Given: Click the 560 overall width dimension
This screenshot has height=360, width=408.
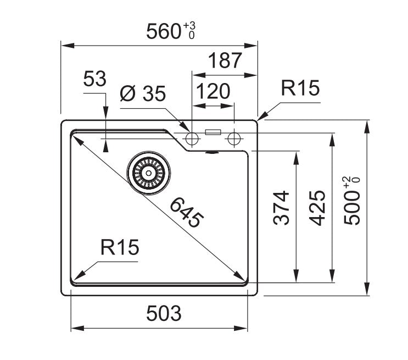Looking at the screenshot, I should pos(164,31).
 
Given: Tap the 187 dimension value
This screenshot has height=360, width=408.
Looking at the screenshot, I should pos(224,61).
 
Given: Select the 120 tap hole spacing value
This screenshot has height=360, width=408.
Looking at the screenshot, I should pos(212,91).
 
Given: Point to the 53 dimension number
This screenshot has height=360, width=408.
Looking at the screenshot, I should pos(94,80).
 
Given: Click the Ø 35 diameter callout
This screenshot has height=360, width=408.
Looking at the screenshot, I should pos(142,94).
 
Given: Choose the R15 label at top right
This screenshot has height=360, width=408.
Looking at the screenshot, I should pos(299,88).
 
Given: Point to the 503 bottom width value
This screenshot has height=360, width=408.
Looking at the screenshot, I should pos(163,314).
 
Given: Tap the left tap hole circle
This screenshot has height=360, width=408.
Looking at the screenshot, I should pos(192,137).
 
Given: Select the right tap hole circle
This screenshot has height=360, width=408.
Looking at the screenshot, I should pos(234,137).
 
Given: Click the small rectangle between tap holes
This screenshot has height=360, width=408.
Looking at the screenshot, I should pos(213,132).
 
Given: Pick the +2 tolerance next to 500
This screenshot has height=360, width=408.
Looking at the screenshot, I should pos(347,182).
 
